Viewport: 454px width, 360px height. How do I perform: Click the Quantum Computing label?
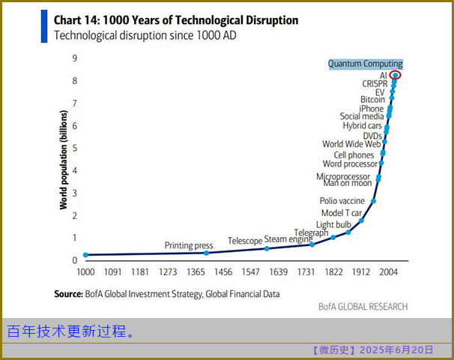click(365, 64)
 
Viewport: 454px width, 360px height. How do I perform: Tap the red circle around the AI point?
click(396, 74)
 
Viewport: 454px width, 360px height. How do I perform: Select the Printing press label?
click(189, 245)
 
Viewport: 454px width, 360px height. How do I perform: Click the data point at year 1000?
click(85, 255)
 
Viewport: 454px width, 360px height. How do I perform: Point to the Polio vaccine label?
click(342, 201)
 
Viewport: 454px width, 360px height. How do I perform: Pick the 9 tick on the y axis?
click(74, 58)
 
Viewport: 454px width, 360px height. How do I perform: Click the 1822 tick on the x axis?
click(333, 271)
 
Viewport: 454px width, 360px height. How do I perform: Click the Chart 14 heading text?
click(176, 19)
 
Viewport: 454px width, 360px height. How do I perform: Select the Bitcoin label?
click(372, 99)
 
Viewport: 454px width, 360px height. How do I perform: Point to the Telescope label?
click(245, 240)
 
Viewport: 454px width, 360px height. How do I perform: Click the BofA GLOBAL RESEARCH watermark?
click(363, 307)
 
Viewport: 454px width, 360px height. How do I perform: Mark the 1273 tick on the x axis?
click(169, 271)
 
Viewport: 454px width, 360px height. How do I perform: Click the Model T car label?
click(341, 213)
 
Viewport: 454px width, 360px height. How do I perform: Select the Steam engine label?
click(288, 239)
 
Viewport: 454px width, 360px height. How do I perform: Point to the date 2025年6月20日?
click(396, 350)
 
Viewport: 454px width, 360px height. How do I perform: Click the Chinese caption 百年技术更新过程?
click(71, 331)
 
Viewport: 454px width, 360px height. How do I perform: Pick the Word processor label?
click(351, 163)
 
